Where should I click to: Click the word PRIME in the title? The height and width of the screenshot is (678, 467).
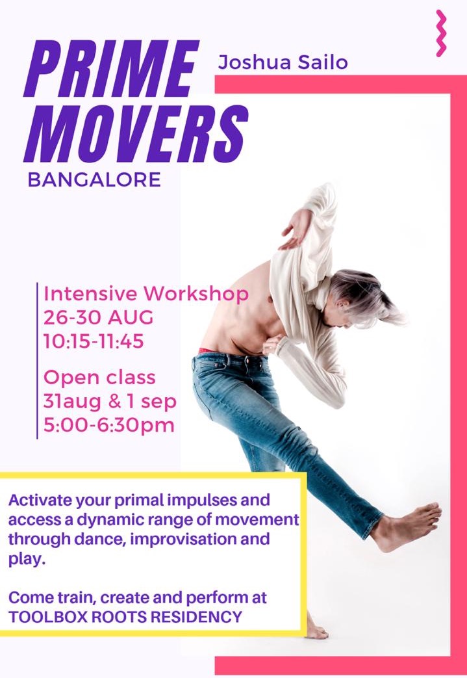(112, 68)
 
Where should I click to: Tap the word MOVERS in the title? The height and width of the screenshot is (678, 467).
(136, 134)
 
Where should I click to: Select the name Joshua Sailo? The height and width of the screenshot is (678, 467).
(283, 62)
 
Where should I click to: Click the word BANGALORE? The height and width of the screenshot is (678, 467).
(94, 179)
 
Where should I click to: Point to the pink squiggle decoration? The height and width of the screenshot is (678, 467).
(440, 33)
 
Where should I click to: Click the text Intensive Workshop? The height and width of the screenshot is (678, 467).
(146, 294)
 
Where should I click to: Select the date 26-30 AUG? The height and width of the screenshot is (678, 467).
(99, 318)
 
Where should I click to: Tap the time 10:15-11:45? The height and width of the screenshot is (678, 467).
(94, 341)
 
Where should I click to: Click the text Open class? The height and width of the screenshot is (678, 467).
(99, 378)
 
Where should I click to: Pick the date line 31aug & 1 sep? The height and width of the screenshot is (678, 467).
(110, 402)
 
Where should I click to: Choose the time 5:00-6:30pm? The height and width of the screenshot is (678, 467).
(109, 425)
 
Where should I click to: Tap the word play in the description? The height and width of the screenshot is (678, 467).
(26, 560)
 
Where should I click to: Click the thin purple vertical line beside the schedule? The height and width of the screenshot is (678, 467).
(37, 361)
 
